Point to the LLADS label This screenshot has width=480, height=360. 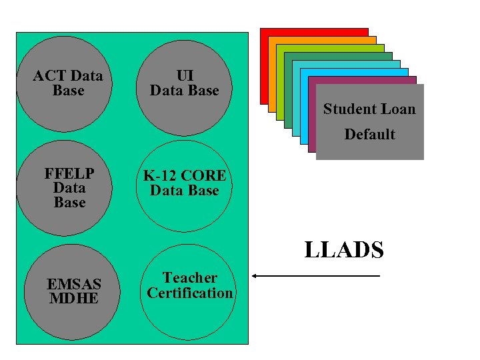344,250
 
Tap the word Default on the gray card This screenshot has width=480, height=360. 369,135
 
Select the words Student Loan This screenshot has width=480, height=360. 369,109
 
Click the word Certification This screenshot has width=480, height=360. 190,293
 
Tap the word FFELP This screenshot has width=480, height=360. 69,174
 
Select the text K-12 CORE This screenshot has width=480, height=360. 185,176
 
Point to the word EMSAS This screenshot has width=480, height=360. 73,284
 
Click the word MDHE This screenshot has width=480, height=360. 73,298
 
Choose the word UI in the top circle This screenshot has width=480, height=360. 185,75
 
